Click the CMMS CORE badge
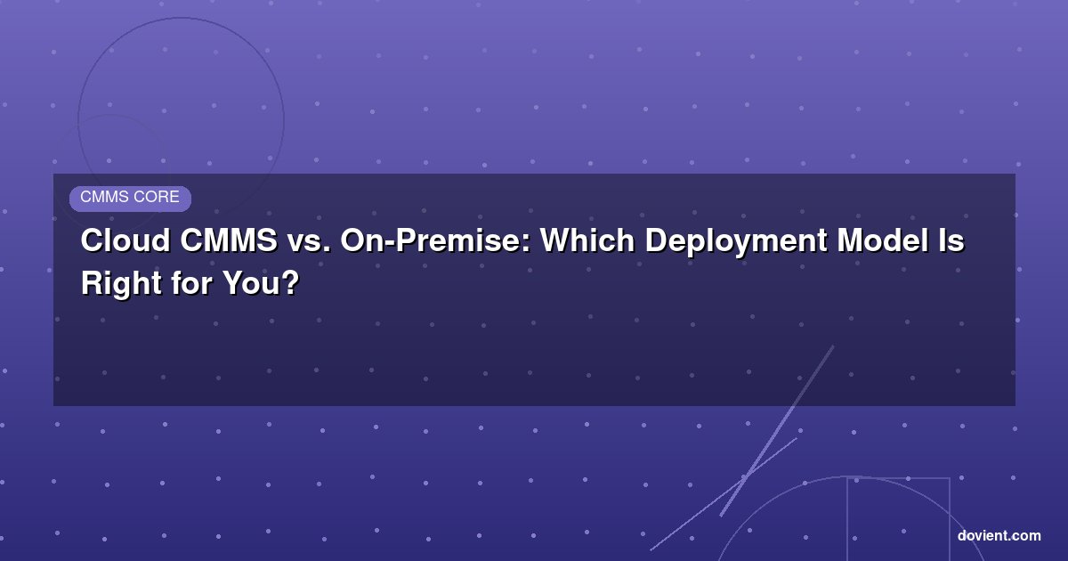coord(130,199)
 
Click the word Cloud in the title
coord(125,240)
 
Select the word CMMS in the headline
coord(229,240)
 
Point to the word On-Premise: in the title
coord(435,240)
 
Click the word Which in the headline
coord(587,240)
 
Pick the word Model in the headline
coord(882,240)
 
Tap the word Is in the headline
coord(951,240)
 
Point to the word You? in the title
coord(261,283)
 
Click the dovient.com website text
coord(999,536)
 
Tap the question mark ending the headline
coord(290,283)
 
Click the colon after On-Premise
coord(526,243)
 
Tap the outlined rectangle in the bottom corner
coord(847,519)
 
